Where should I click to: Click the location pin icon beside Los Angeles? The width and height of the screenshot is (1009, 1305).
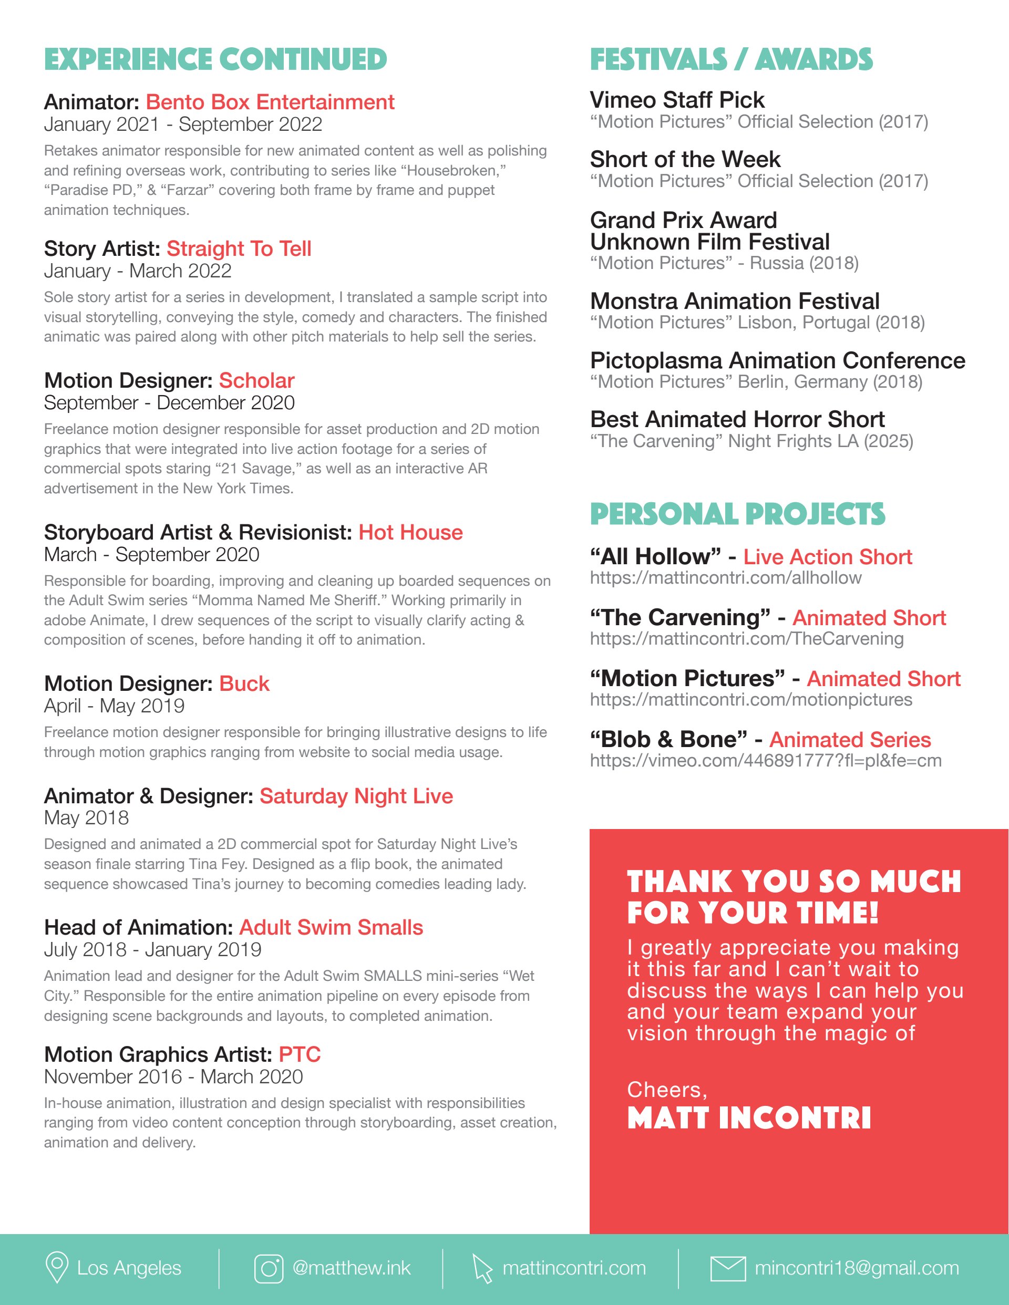tap(57, 1267)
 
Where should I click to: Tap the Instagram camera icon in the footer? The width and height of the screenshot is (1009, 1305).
tap(269, 1268)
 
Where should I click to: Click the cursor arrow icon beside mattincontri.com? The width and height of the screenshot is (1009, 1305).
tap(482, 1268)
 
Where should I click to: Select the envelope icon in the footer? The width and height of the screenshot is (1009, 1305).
tap(727, 1268)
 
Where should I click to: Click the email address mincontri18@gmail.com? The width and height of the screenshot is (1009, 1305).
tap(857, 1268)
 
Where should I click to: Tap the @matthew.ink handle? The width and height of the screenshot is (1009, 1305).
tap(352, 1268)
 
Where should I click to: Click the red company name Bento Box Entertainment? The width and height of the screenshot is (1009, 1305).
tap(270, 102)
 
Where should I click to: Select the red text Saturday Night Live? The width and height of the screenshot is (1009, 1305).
tap(356, 796)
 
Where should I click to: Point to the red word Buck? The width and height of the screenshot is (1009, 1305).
tap(244, 683)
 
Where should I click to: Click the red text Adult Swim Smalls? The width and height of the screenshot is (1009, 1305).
tap(331, 927)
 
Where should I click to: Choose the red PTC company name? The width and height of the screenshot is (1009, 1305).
tap(300, 1054)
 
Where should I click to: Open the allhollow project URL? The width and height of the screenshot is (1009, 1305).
tap(726, 578)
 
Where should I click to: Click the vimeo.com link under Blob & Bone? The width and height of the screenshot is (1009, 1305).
tap(766, 761)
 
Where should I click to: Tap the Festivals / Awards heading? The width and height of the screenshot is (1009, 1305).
tap(732, 60)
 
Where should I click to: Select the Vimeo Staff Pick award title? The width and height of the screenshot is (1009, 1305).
tap(677, 100)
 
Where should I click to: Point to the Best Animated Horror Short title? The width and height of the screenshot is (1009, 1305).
tap(737, 419)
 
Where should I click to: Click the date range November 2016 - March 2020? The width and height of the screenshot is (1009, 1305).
tap(173, 1077)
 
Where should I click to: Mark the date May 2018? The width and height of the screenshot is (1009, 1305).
tap(87, 818)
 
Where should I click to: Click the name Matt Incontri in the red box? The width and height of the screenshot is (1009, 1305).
tap(749, 1118)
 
